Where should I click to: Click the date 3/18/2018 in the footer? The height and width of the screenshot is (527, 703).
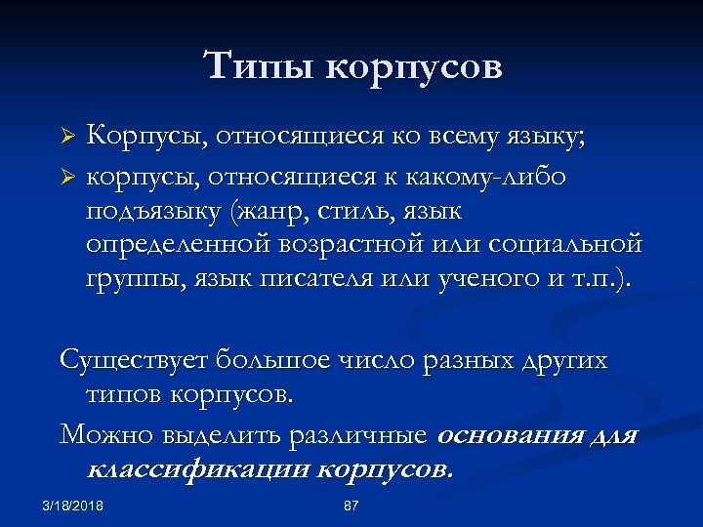(x=74, y=505)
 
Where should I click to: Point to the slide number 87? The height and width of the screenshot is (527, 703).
(x=351, y=505)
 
